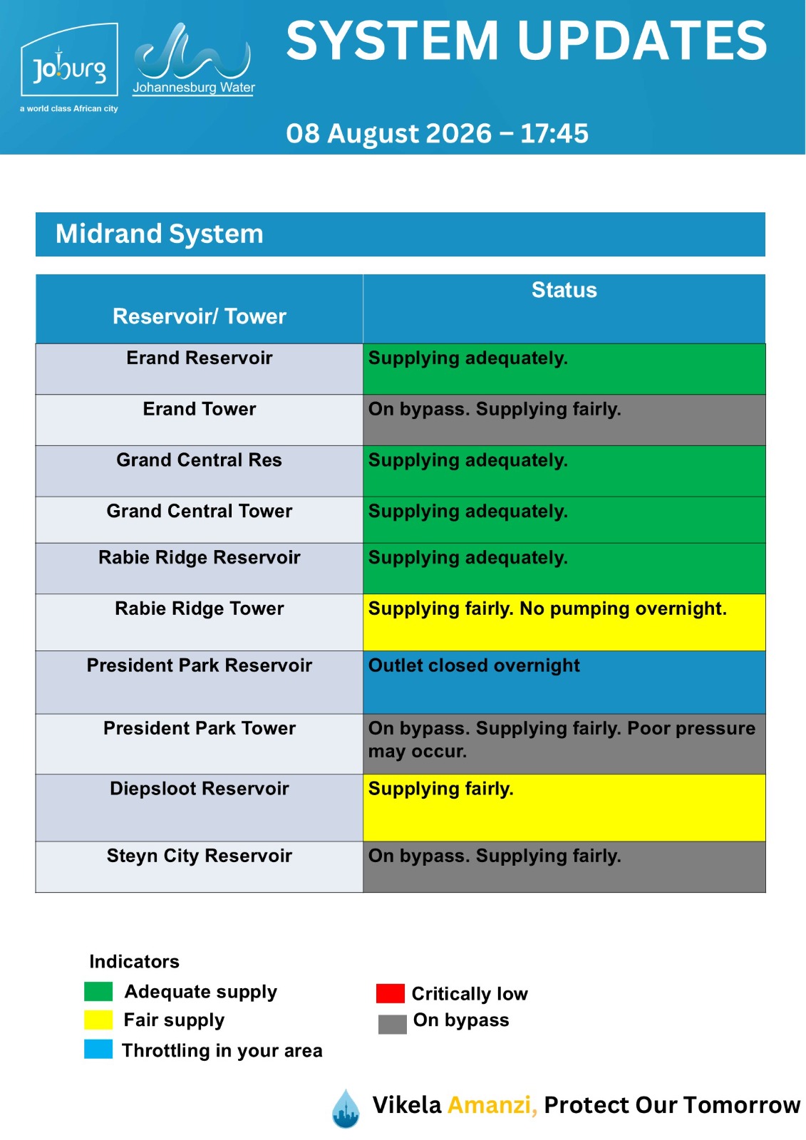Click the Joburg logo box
tap(69, 59)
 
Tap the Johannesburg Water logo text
tap(193, 88)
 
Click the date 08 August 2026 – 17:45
tap(437, 133)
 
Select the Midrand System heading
tap(160, 234)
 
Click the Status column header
tap(564, 290)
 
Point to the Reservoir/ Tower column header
tap(199, 316)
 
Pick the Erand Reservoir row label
tap(199, 358)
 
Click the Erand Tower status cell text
tap(495, 409)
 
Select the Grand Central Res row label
tap(199, 460)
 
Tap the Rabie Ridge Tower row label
tap(199, 608)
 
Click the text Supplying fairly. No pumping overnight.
tap(547, 608)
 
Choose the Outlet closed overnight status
tap(474, 665)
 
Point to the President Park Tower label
tap(199, 728)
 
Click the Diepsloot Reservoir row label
tap(199, 788)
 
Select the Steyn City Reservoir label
tap(199, 856)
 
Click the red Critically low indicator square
tap(390, 993)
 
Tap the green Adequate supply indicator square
tap(98, 991)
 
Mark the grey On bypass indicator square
tap(393, 1025)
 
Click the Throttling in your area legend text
tap(222, 1050)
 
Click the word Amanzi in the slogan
tap(492, 1105)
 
